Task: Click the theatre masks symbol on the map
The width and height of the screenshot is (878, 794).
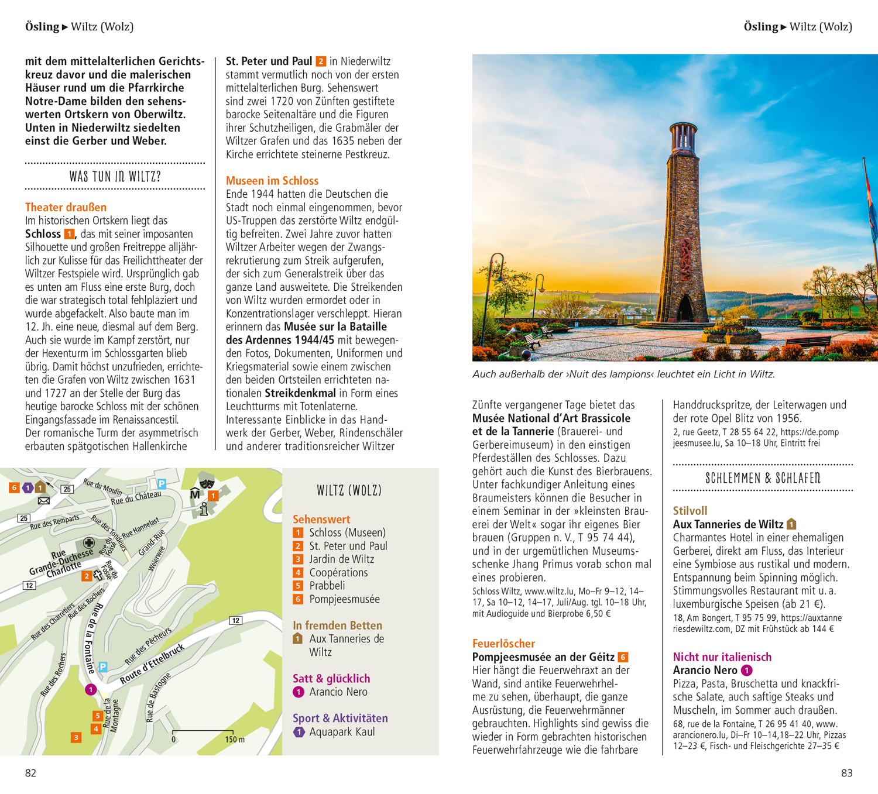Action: tap(205, 482)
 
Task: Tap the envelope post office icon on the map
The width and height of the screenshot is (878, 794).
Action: tap(44, 501)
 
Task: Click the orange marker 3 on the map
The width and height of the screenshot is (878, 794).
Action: tap(76, 737)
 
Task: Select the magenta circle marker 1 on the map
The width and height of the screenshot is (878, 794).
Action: tap(91, 689)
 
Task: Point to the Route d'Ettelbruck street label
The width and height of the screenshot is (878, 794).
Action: tap(152, 664)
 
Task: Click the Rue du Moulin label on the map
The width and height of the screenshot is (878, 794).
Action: tap(102, 487)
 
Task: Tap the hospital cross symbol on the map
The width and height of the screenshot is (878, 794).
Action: tap(88, 542)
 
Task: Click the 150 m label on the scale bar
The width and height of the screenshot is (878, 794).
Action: tap(235, 740)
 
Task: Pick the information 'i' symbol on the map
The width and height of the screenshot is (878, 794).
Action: tap(204, 508)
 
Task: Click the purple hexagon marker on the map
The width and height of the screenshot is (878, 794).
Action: tap(28, 487)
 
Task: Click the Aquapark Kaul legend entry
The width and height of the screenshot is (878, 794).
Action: tap(342, 732)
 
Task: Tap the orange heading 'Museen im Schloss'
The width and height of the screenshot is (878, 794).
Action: tap(272, 181)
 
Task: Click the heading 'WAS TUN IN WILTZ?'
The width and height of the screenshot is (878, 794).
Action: tap(115, 176)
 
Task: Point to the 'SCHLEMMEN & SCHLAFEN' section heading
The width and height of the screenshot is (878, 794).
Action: tap(763, 478)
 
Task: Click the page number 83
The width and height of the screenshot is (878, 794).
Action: tap(846, 773)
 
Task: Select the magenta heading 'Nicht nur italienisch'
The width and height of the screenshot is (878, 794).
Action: tap(722, 656)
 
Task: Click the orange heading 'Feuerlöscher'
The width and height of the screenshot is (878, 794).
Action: tap(503, 643)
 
